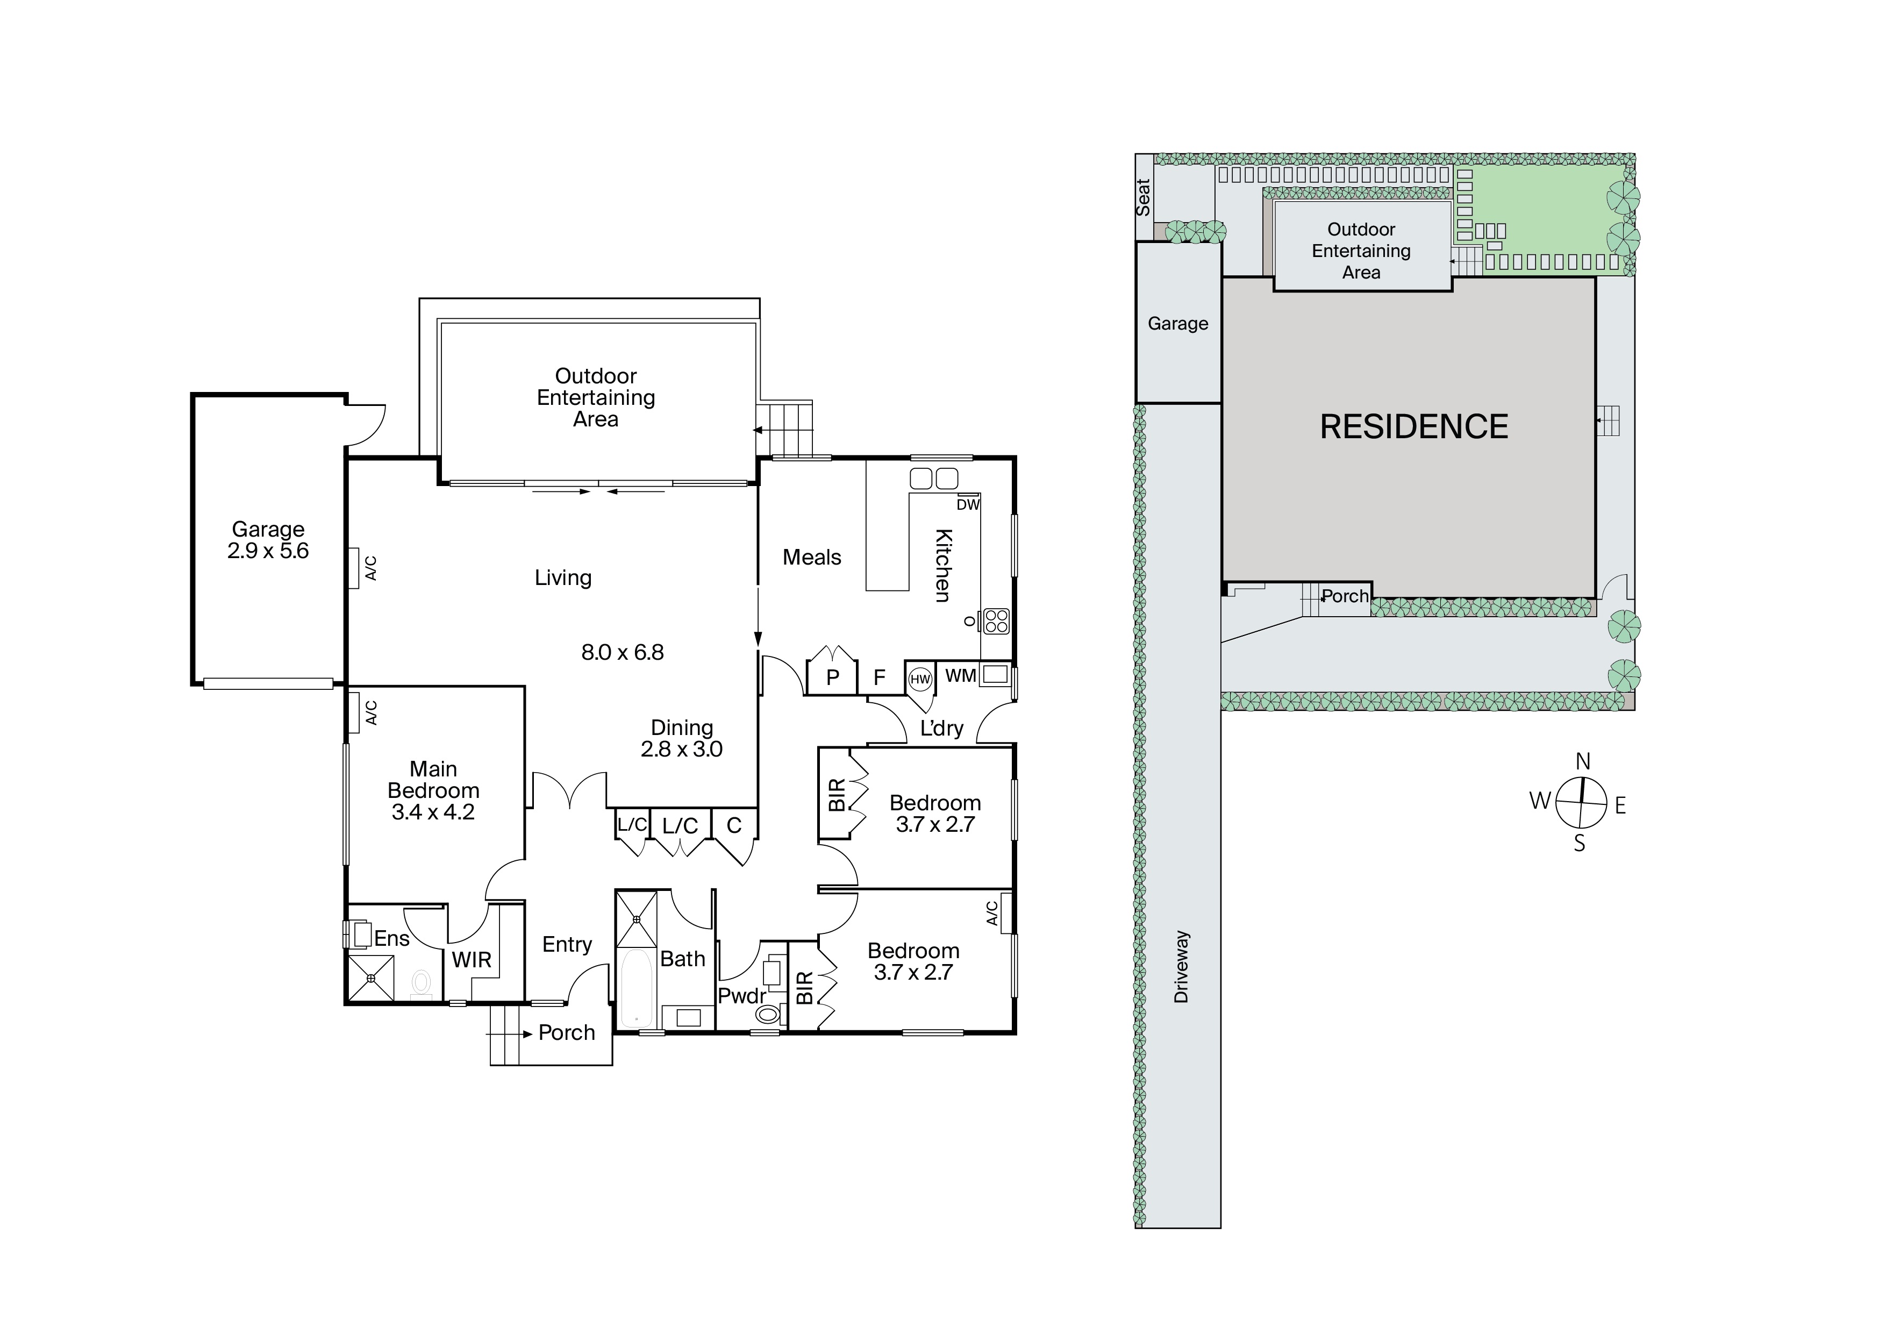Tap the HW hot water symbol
[920, 679]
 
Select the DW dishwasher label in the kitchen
[968, 504]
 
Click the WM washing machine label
[960, 675]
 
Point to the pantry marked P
[832, 677]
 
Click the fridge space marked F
[879, 677]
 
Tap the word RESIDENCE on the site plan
[1413, 426]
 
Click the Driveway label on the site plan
[1181, 967]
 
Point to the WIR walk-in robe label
[471, 959]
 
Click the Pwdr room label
[742, 996]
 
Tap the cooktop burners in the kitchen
[996, 621]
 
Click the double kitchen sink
[934, 478]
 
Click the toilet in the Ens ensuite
[422, 982]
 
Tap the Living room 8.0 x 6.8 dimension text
[623, 652]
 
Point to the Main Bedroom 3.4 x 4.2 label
[433, 790]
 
